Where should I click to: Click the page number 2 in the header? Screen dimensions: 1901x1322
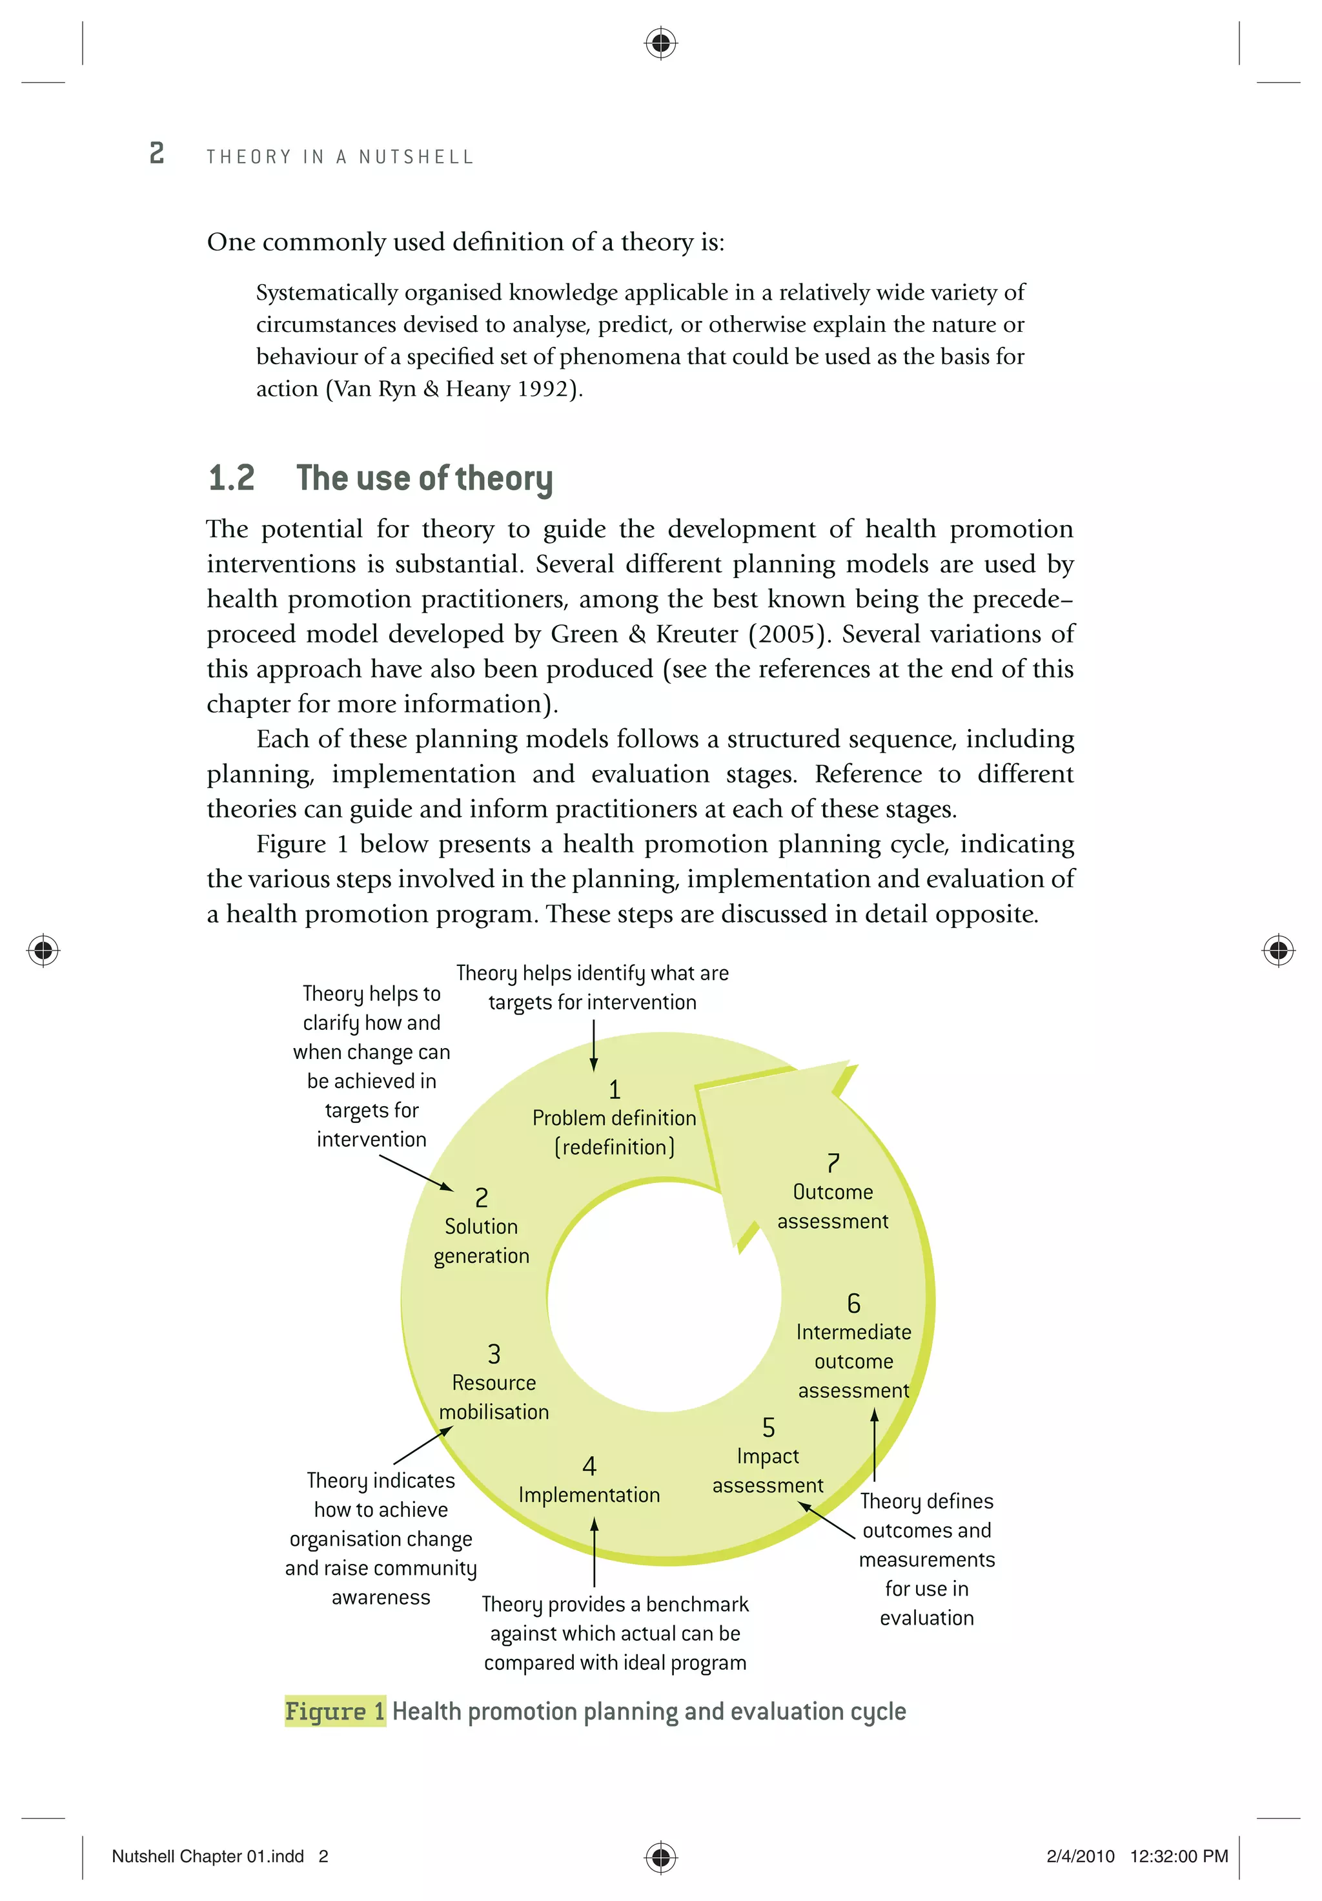tap(156, 153)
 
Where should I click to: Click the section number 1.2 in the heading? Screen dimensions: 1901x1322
tap(231, 478)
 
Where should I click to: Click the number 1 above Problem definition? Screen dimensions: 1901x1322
tap(615, 1089)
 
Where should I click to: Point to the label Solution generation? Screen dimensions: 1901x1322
tap(481, 1241)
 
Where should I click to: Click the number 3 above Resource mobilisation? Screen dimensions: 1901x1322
tap(494, 1355)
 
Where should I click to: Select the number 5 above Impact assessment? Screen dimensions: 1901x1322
tap(768, 1428)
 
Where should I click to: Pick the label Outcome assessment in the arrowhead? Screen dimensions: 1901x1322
tap(832, 1206)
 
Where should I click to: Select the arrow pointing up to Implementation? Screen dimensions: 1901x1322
tap(593, 1552)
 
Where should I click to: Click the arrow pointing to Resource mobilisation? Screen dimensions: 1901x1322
tap(422, 1446)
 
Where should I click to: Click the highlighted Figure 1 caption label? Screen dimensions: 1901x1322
tap(334, 1711)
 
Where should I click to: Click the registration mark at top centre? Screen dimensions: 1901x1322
tap(660, 41)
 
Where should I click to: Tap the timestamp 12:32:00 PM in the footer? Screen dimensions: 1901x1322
tap(1178, 1856)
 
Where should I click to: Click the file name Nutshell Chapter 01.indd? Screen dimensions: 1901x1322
tap(208, 1856)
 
